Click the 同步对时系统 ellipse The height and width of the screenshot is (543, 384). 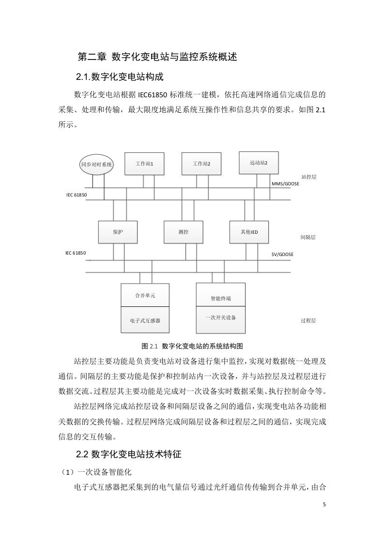pos(97,165)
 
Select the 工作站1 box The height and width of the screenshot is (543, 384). pos(144,164)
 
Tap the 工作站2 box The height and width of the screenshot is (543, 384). pos(201,164)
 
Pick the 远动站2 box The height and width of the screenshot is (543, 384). pos(259,163)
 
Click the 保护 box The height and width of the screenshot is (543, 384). pos(118,232)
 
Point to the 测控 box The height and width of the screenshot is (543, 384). pos(184,232)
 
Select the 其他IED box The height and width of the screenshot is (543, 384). pos(249,232)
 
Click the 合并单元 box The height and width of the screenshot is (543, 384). pos(145,295)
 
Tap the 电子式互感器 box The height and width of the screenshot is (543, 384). pos(145,320)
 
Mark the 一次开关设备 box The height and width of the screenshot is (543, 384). pos(221,320)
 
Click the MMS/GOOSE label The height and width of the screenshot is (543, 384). pos(285,183)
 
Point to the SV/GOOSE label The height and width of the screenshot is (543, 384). pos(282,254)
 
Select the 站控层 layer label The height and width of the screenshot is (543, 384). pos(309,177)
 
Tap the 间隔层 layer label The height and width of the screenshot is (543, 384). pos(308,238)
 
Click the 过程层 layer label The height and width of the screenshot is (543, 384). pos(308,321)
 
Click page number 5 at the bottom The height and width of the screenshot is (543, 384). pos(324,504)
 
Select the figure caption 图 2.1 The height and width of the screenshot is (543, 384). pos(150,346)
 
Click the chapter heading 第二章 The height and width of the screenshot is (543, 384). pos(92,57)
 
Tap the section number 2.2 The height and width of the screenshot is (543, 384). pos(82,454)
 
